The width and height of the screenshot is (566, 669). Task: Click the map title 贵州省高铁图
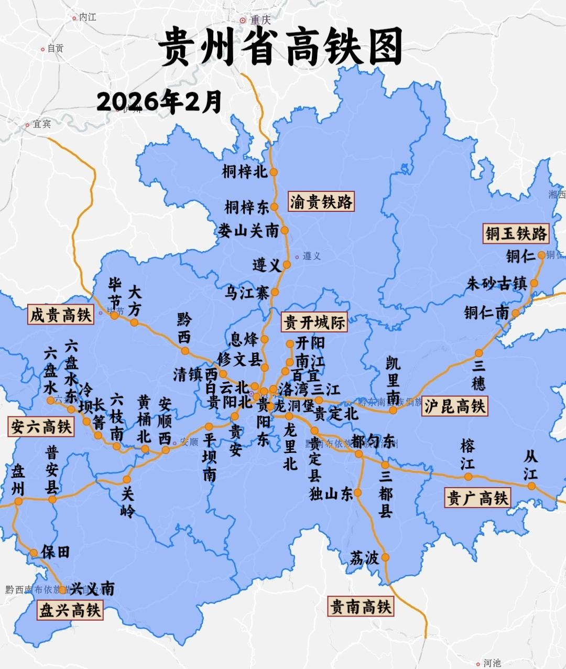pyautogui.click(x=281, y=47)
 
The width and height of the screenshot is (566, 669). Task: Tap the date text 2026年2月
pyautogui.click(x=159, y=102)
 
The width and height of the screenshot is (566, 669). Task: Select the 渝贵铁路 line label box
pyautogui.click(x=321, y=201)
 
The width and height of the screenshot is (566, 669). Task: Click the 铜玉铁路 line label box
pyautogui.click(x=516, y=233)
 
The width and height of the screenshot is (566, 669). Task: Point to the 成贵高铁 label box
pyautogui.click(x=60, y=315)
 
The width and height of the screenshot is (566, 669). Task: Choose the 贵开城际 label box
pyautogui.click(x=314, y=322)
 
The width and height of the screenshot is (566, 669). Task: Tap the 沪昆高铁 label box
pyautogui.click(x=454, y=406)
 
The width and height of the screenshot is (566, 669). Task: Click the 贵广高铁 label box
pyautogui.click(x=477, y=498)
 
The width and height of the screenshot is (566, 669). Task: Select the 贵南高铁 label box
pyautogui.click(x=361, y=607)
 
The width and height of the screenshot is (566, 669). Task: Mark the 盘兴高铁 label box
pyautogui.click(x=70, y=610)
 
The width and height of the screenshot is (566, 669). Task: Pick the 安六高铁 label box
pyautogui.click(x=41, y=426)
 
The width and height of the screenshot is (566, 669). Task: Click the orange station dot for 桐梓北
pyautogui.click(x=274, y=172)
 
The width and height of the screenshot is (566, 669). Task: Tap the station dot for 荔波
pyautogui.click(x=386, y=557)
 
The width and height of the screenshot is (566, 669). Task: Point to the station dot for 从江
pyautogui.click(x=531, y=486)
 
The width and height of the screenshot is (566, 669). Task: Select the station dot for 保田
pyautogui.click(x=34, y=553)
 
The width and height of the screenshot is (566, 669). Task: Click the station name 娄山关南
pyautogui.click(x=248, y=230)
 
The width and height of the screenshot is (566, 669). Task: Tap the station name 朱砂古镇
pyautogui.click(x=496, y=284)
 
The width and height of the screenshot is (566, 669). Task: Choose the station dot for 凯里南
pyautogui.click(x=393, y=410)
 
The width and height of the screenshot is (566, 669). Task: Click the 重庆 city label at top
pyautogui.click(x=259, y=20)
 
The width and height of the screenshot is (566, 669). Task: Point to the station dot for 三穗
pyautogui.click(x=478, y=353)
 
